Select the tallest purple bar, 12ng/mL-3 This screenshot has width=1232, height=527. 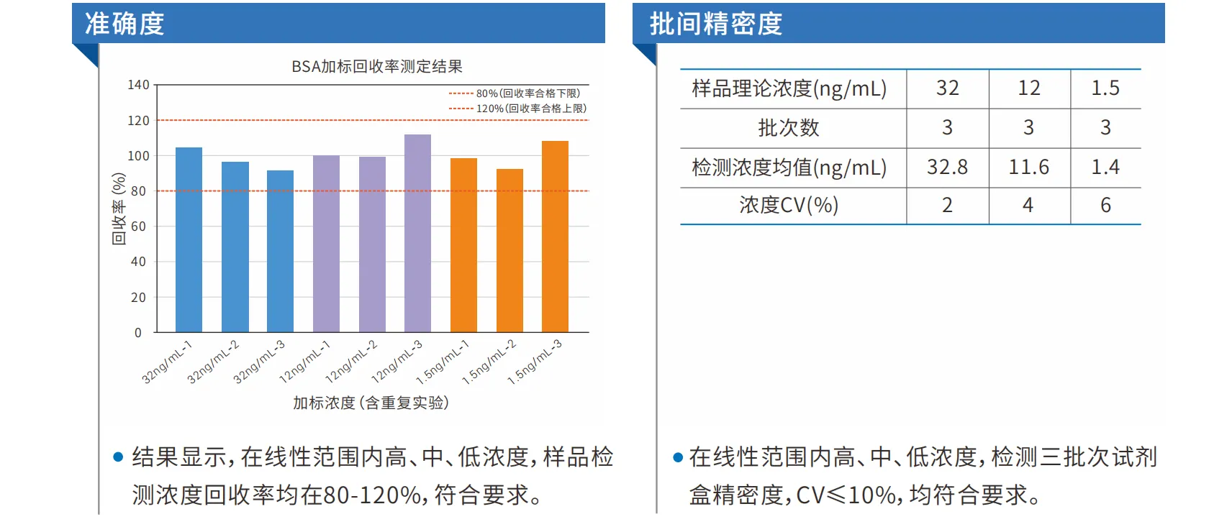click(417, 233)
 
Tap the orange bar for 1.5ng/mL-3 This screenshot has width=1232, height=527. click(555, 237)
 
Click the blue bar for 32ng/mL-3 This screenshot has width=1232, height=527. click(280, 251)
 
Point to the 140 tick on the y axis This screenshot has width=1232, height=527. click(138, 85)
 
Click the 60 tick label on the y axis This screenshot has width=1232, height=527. click(138, 226)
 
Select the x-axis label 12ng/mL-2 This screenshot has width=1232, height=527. click(351, 362)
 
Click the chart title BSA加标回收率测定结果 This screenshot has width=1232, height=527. click(376, 66)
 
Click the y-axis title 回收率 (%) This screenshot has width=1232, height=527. click(119, 208)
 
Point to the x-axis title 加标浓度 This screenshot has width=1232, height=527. click(371, 403)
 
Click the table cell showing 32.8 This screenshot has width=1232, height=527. click(947, 168)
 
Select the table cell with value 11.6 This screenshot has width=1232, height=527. click(1028, 168)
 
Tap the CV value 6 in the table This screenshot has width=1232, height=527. click(1105, 206)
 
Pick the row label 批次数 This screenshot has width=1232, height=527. click(789, 128)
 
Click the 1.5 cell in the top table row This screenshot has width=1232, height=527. click(1105, 88)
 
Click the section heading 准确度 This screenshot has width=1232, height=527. click(124, 24)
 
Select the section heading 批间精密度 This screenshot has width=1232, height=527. click(715, 24)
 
